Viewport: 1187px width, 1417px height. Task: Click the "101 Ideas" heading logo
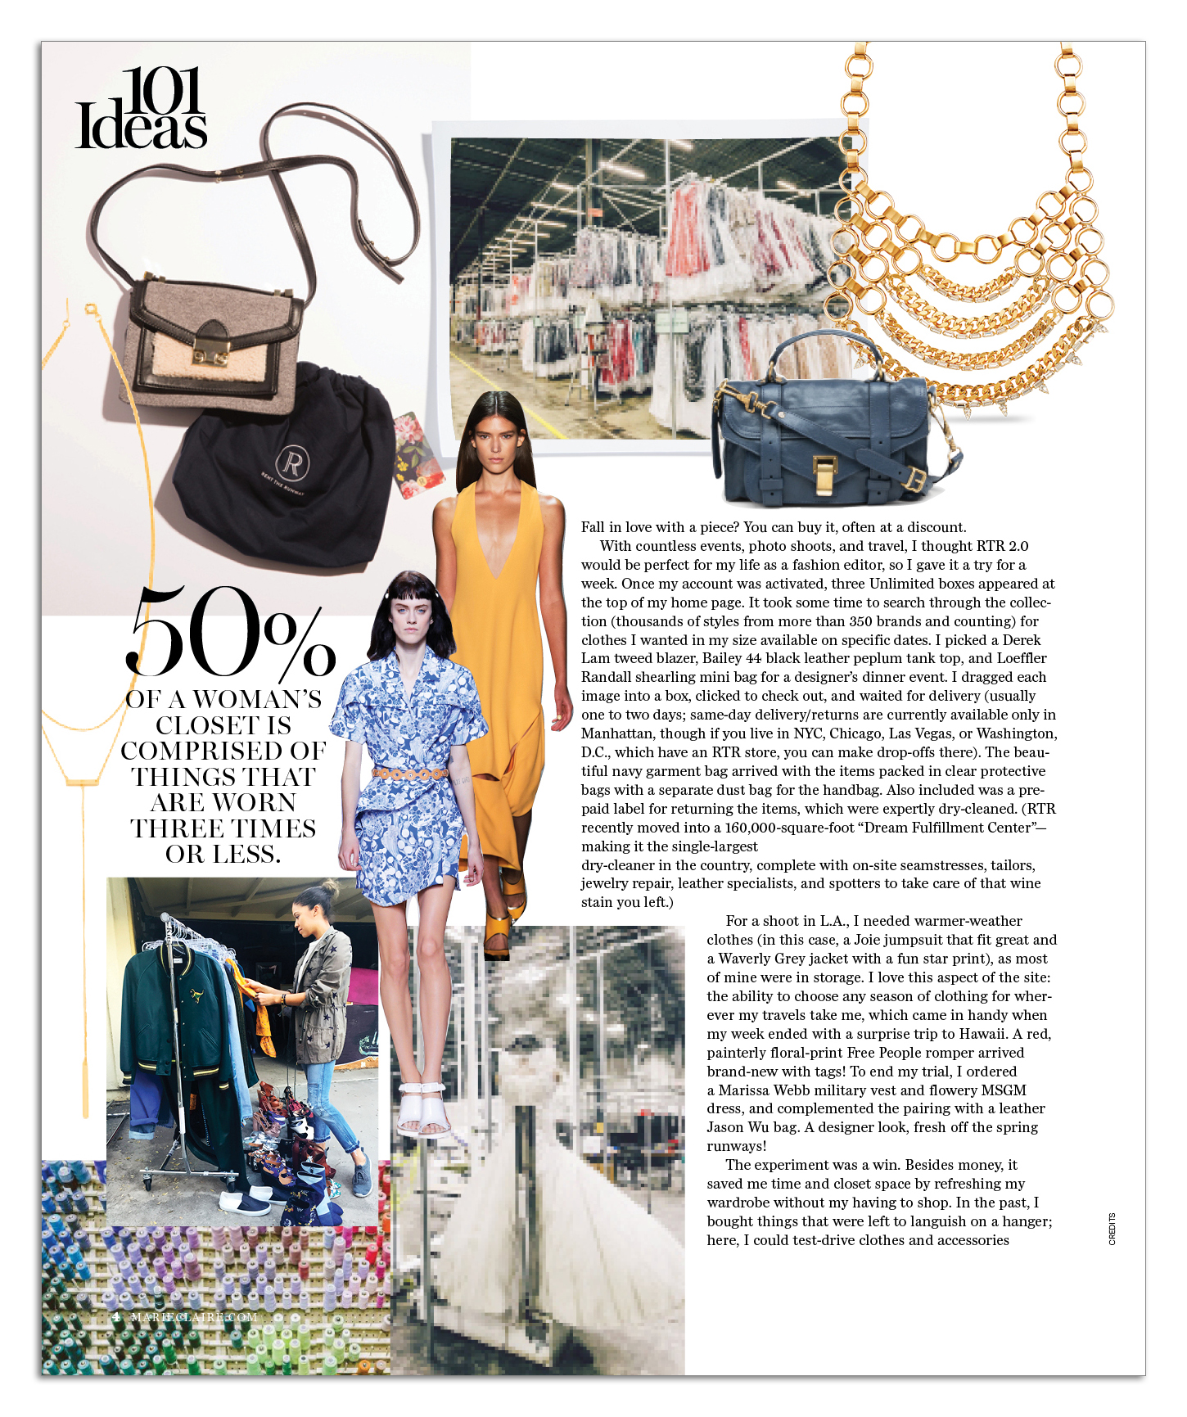[141, 110]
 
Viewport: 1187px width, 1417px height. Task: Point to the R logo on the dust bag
[291, 463]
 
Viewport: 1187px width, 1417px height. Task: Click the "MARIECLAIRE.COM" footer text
[194, 1317]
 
